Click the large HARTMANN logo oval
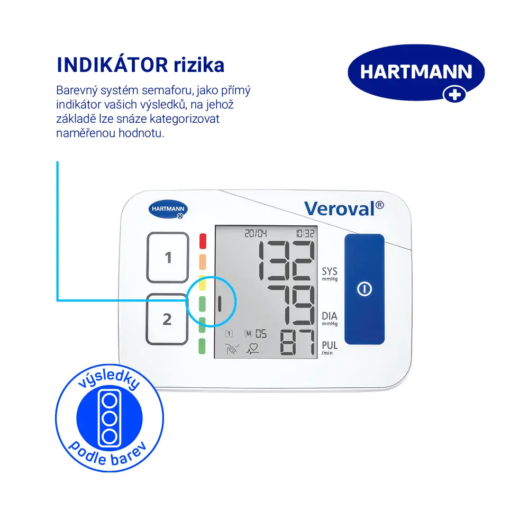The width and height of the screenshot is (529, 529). (x=416, y=72)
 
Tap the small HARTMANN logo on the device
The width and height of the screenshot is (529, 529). (x=168, y=209)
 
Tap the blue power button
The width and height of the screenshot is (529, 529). (x=364, y=289)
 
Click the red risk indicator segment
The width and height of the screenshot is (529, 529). (x=203, y=241)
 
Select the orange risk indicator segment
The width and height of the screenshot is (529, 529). (x=203, y=262)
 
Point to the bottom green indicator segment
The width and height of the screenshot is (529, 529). (x=202, y=346)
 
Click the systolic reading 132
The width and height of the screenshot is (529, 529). (x=286, y=260)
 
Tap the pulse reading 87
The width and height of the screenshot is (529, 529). (x=298, y=342)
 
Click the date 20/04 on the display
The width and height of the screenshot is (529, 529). (x=256, y=233)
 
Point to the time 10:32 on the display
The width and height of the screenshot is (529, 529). (x=305, y=233)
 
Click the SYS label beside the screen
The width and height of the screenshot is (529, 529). (x=330, y=271)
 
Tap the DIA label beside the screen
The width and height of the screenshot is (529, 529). (x=330, y=316)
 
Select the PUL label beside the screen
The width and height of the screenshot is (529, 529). (x=330, y=345)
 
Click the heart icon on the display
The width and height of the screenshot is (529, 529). (x=253, y=349)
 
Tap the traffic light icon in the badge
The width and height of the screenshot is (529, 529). (x=110, y=418)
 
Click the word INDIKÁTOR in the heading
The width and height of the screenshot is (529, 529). (x=112, y=65)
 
